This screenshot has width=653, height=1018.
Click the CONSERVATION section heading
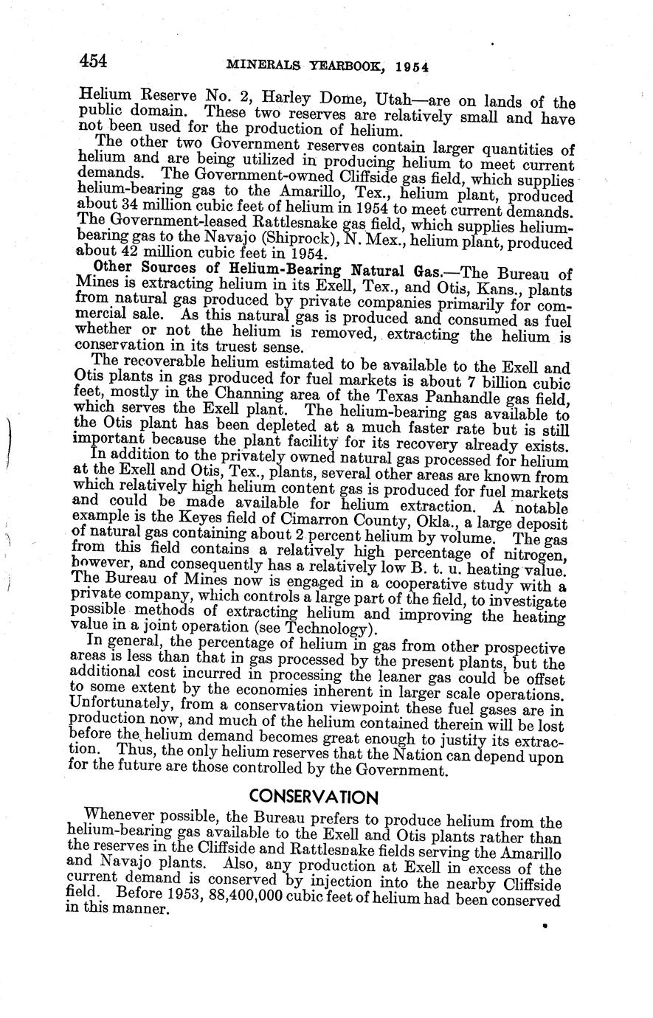(314, 797)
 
